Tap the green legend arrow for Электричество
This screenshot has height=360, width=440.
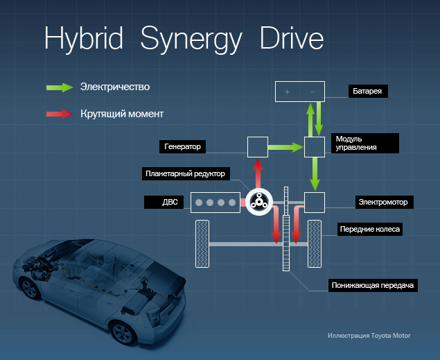point(60,87)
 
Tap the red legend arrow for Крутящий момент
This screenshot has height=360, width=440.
point(60,114)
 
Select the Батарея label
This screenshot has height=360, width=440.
point(374,91)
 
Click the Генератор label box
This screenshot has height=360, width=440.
point(185,146)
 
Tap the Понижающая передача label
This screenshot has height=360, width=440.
point(372,284)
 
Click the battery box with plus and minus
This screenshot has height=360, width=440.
point(300,92)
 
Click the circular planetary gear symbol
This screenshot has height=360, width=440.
point(259,203)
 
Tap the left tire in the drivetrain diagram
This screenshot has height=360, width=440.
point(203,243)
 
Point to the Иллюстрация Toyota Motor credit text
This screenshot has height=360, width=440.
point(369,335)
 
